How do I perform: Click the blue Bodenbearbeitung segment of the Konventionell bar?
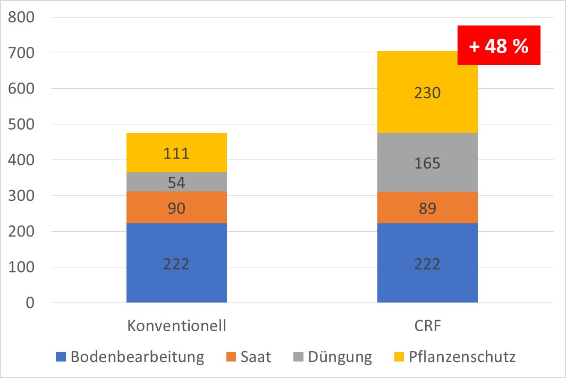point(176,263)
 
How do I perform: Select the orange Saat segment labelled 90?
point(176,208)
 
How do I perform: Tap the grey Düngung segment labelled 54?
point(176,182)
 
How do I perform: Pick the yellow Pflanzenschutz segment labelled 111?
point(176,153)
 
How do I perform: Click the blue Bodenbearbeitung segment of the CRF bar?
point(427,263)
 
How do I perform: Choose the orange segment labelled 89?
point(427,208)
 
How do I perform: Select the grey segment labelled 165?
point(427,163)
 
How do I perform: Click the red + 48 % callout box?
point(499,46)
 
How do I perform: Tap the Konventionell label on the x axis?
point(176,325)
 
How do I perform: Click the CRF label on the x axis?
point(427,325)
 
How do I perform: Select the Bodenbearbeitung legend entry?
point(130,357)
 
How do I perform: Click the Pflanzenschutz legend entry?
point(455,357)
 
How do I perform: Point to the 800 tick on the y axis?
point(21,18)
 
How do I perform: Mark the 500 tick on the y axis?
point(21,125)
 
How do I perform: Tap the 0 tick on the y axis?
point(29,303)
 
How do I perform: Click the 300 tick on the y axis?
point(21,196)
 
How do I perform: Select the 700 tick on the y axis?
point(21,54)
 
